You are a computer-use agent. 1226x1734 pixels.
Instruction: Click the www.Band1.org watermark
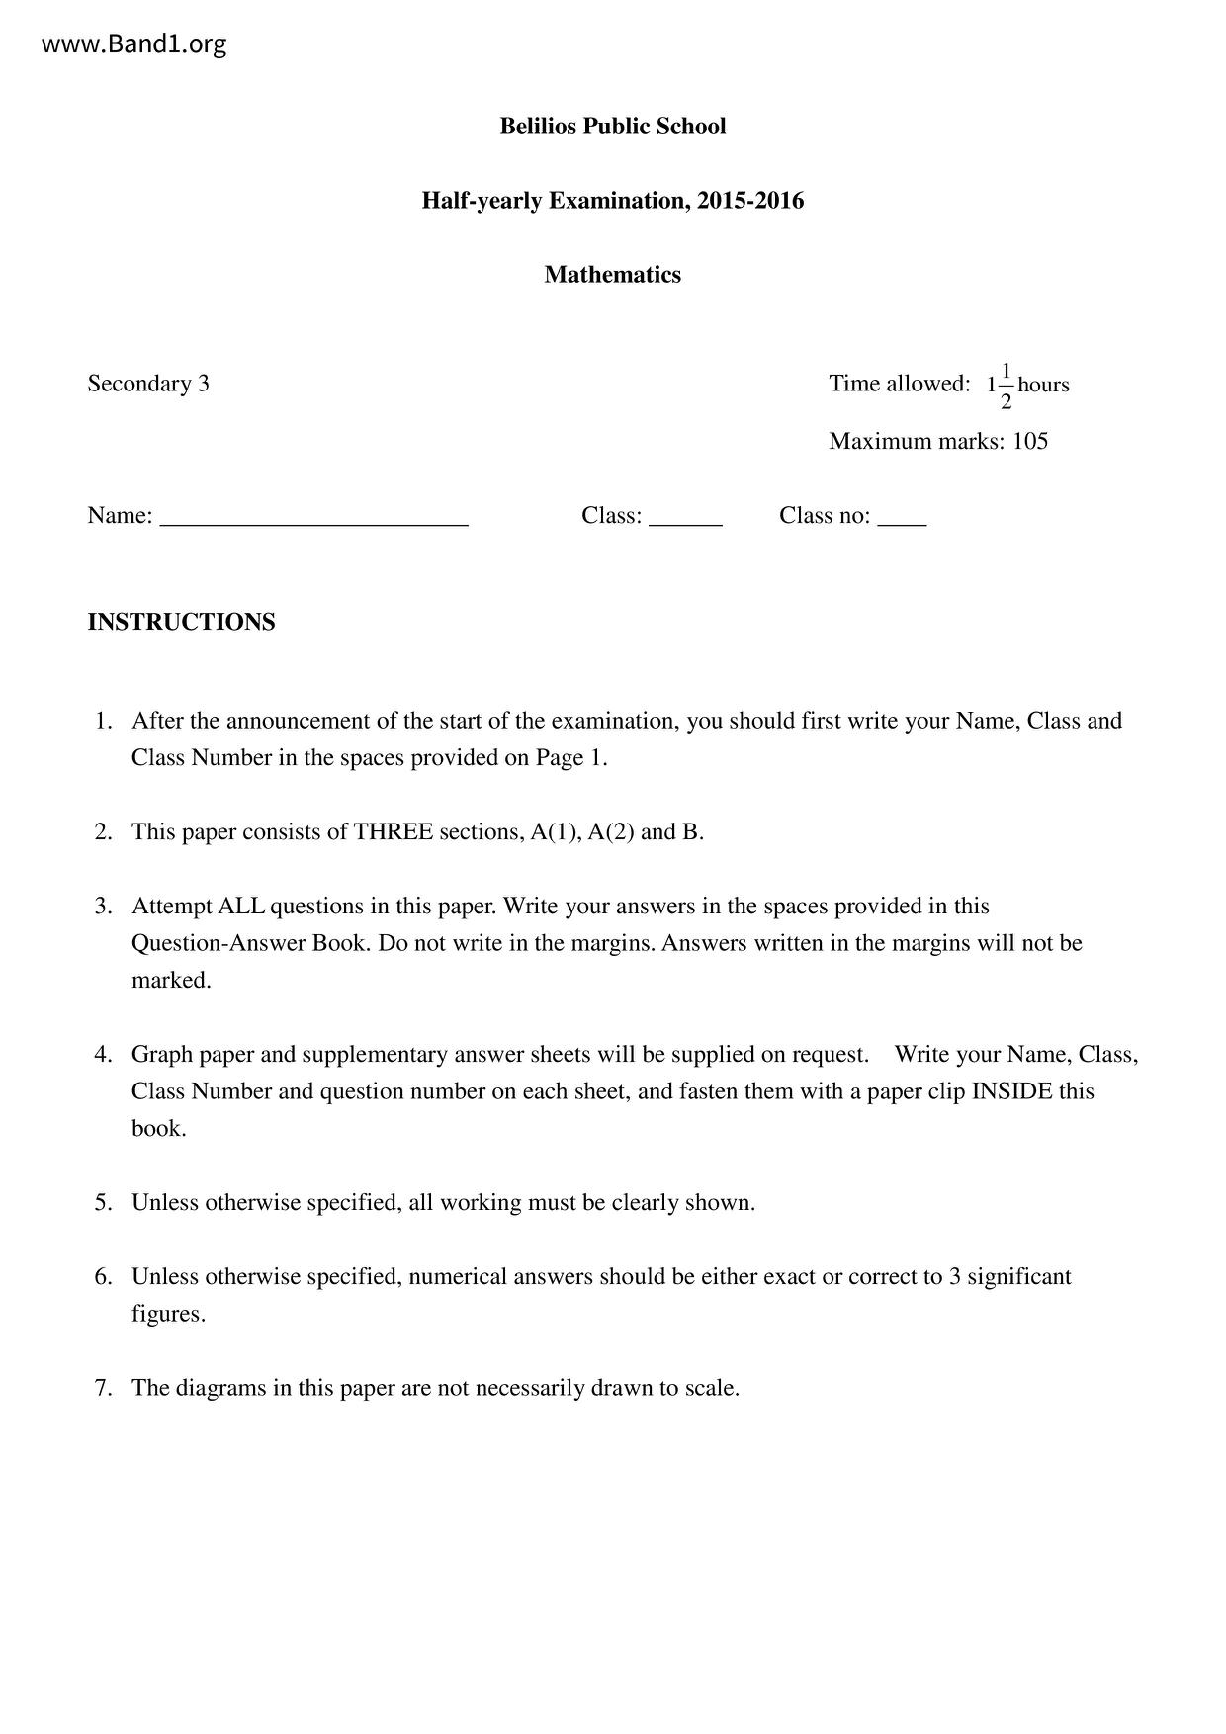point(134,44)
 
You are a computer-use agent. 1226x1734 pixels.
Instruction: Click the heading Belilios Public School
point(612,127)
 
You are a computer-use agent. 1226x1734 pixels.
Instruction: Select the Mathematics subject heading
point(612,275)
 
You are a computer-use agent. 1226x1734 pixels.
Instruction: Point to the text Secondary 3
point(148,384)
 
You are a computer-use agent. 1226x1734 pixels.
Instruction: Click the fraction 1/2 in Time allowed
point(1006,386)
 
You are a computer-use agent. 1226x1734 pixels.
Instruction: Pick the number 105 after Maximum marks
point(1030,441)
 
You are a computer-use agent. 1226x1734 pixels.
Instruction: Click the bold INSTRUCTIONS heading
point(181,623)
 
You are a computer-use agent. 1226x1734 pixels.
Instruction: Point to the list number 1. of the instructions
point(104,721)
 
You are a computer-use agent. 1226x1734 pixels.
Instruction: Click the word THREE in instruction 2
point(394,832)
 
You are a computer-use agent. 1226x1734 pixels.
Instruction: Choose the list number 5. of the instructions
point(104,1203)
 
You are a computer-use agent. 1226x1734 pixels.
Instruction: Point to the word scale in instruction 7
point(709,1388)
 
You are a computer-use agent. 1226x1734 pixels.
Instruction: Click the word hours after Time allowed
point(1043,385)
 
